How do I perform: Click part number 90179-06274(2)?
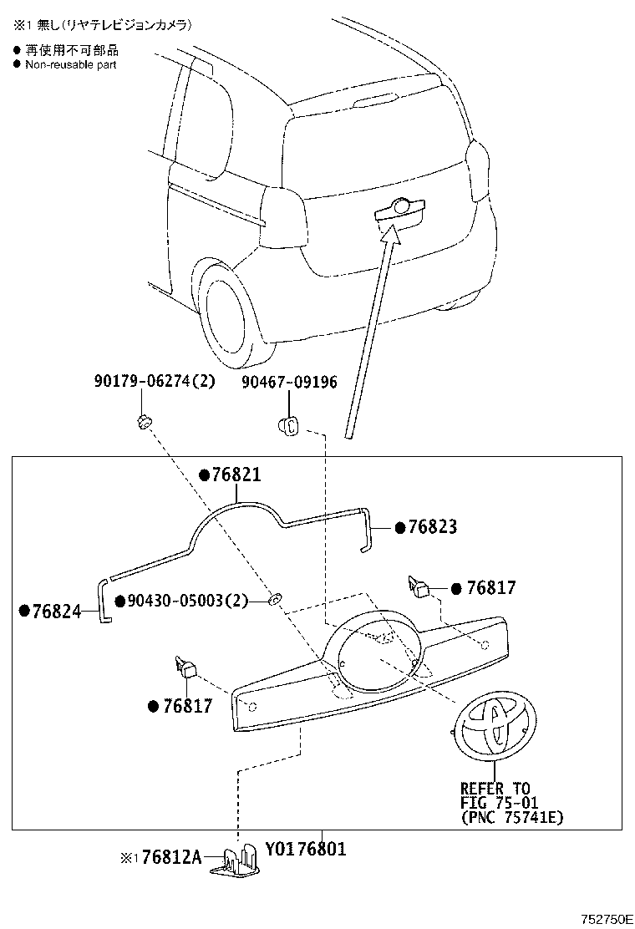[x=154, y=383]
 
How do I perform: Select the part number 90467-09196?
[x=290, y=383]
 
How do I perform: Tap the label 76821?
[x=236, y=475]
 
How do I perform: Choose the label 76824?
[x=56, y=612]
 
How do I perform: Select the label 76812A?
[x=171, y=858]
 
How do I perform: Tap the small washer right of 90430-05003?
[x=274, y=599]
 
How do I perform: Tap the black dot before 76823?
[x=400, y=528]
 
